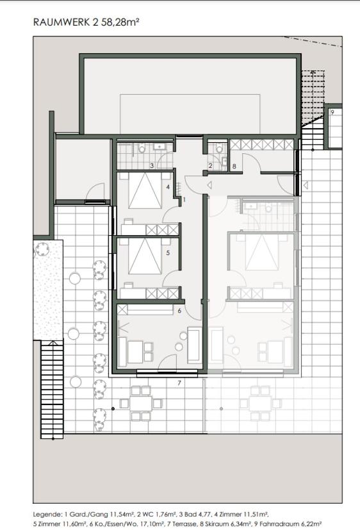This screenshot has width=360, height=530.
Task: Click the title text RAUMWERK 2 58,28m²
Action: coord(86,22)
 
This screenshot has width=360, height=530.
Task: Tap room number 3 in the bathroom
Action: coord(152,165)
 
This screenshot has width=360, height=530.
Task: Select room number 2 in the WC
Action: coord(210,165)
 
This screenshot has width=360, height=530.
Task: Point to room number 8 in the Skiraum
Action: coord(234,166)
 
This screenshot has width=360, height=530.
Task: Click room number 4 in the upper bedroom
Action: coord(168,187)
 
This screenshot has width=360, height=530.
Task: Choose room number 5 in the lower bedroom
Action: coord(168,253)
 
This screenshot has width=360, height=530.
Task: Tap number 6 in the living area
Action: coord(179,311)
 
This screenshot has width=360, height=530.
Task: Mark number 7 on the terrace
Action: coord(179,383)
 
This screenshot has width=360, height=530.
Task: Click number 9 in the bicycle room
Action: coord(332,112)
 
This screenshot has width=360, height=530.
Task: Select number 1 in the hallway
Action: coord(184,200)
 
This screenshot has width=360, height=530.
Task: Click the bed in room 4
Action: coord(145,190)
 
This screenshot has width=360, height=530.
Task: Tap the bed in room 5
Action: coord(145,256)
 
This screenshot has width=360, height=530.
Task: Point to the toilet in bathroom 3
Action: coord(142,147)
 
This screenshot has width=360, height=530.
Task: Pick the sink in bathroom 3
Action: coord(159,147)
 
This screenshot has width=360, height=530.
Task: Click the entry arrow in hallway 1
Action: coord(209,185)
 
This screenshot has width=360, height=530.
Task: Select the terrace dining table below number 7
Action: coord(141,403)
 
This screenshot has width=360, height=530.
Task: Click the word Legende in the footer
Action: coord(47,515)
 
